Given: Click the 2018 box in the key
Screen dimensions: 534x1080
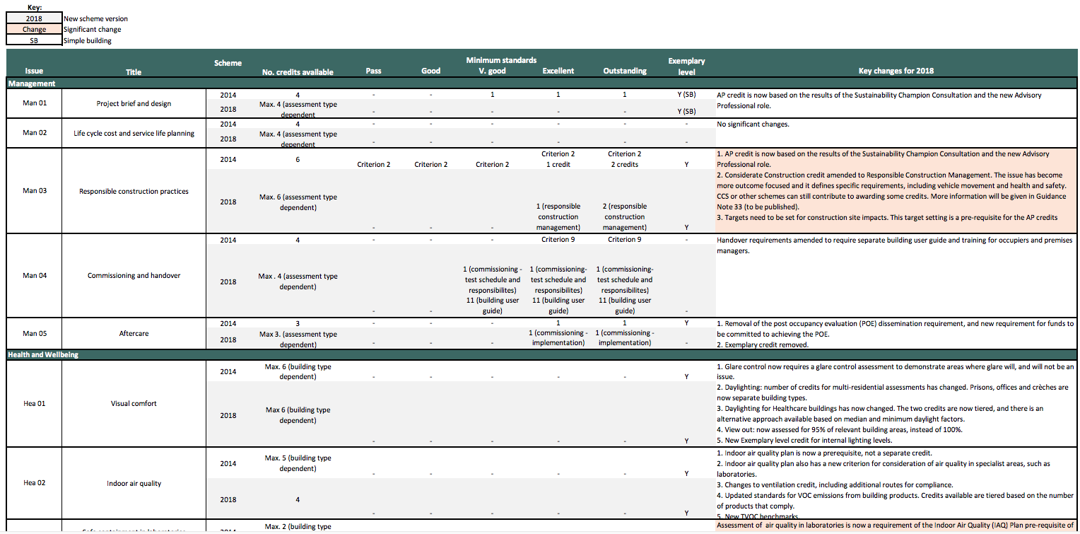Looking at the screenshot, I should (x=34, y=18).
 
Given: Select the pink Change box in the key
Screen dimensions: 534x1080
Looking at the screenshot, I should (x=34, y=30).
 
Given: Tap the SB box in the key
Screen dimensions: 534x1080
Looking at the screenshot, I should (x=34, y=40).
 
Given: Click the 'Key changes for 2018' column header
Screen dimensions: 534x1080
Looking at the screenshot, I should (x=896, y=71).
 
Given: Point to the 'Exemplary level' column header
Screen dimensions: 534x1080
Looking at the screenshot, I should (x=686, y=66).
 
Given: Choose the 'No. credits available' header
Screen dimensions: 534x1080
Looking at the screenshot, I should (x=298, y=71).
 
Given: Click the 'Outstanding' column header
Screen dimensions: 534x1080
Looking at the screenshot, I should (x=625, y=71).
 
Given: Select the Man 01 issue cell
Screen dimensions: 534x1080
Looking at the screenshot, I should (x=34, y=103).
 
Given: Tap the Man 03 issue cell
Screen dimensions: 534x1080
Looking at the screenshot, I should (x=34, y=190).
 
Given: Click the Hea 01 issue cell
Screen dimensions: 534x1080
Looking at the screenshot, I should (x=34, y=403).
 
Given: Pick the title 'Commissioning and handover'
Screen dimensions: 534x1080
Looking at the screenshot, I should (x=134, y=276).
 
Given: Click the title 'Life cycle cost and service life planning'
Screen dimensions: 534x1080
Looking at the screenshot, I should (x=134, y=133).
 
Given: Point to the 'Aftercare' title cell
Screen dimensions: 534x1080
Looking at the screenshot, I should (x=134, y=334).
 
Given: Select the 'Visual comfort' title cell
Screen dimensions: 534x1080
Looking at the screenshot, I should (x=134, y=404).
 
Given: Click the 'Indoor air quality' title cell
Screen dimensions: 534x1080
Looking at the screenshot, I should (x=134, y=484).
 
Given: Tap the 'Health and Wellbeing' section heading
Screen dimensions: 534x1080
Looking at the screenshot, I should (x=43, y=355).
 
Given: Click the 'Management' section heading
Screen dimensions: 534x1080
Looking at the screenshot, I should (x=31, y=83).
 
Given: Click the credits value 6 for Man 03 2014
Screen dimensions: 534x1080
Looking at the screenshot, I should (x=298, y=159).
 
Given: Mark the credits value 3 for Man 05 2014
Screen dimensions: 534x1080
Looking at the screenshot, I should (x=298, y=323).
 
